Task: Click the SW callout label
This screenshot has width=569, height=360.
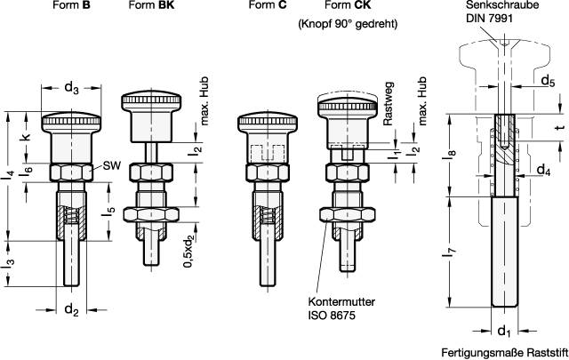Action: coord(111,166)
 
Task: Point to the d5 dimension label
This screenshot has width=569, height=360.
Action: coord(549,81)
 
